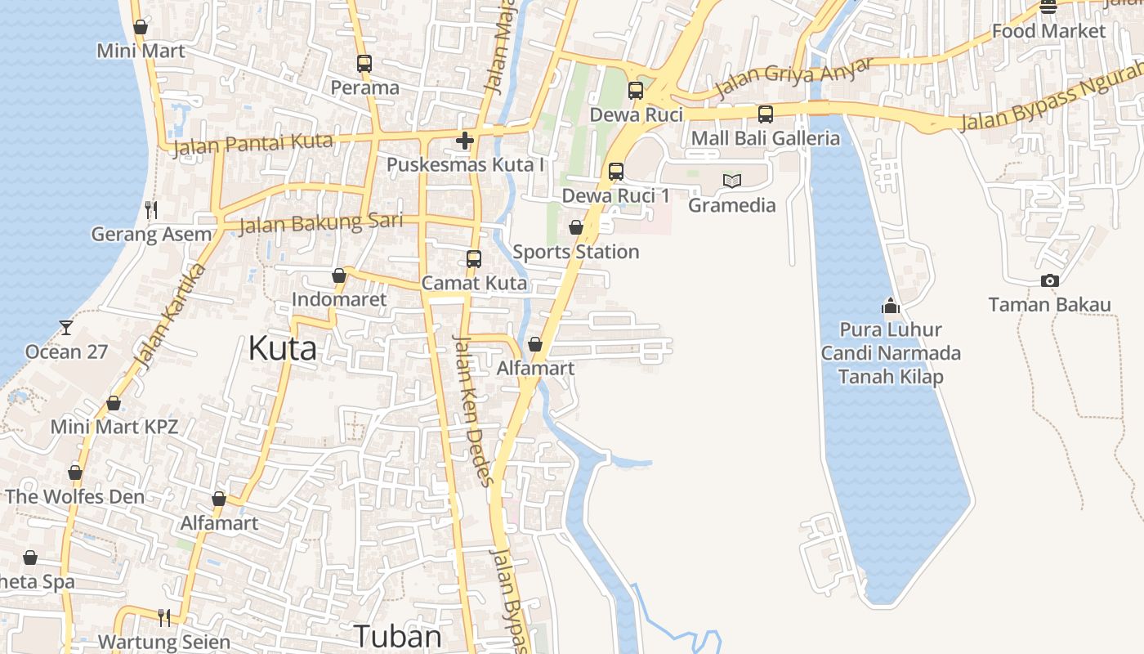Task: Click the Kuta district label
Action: (282, 349)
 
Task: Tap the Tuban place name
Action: (397, 636)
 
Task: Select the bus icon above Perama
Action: (364, 63)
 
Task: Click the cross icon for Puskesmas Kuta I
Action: (465, 141)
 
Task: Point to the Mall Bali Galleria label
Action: (765, 138)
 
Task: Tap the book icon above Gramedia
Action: (732, 181)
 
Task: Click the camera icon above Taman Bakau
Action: (1050, 281)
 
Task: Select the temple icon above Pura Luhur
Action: (891, 307)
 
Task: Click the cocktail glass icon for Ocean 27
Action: (65, 328)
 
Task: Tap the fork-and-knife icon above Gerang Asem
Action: (151, 210)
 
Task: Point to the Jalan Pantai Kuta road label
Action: (253, 144)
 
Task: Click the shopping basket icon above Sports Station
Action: (576, 227)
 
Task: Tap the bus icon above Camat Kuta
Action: (474, 259)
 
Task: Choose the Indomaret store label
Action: (339, 300)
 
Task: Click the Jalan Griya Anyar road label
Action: (795, 77)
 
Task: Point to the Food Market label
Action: (1048, 31)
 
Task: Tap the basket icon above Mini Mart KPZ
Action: (114, 404)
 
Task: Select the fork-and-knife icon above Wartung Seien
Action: (164, 616)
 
